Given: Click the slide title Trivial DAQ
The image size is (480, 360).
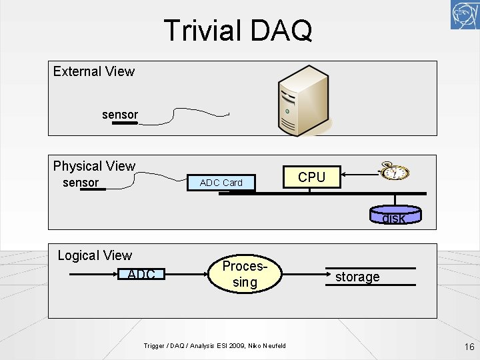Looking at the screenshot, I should (x=237, y=31).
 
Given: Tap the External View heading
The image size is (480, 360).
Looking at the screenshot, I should (x=94, y=71).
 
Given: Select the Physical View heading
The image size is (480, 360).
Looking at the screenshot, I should (x=94, y=166).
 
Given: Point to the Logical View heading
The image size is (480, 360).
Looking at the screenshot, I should (x=95, y=255).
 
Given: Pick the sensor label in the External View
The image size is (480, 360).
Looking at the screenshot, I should (x=120, y=115).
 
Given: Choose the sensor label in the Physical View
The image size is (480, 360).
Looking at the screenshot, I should (x=81, y=183).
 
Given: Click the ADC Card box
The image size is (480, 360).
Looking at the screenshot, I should (x=221, y=182).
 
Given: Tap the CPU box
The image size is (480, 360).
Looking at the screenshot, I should (x=311, y=177).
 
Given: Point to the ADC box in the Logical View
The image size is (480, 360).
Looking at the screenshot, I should (x=141, y=274).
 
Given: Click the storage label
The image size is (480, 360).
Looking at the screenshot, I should (x=357, y=277).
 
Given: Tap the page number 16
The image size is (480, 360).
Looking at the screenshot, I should (x=469, y=346).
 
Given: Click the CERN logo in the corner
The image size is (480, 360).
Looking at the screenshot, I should (x=465, y=15).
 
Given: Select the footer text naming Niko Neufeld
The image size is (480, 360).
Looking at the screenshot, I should (x=215, y=345).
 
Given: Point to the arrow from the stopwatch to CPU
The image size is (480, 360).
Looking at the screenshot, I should (x=360, y=176).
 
